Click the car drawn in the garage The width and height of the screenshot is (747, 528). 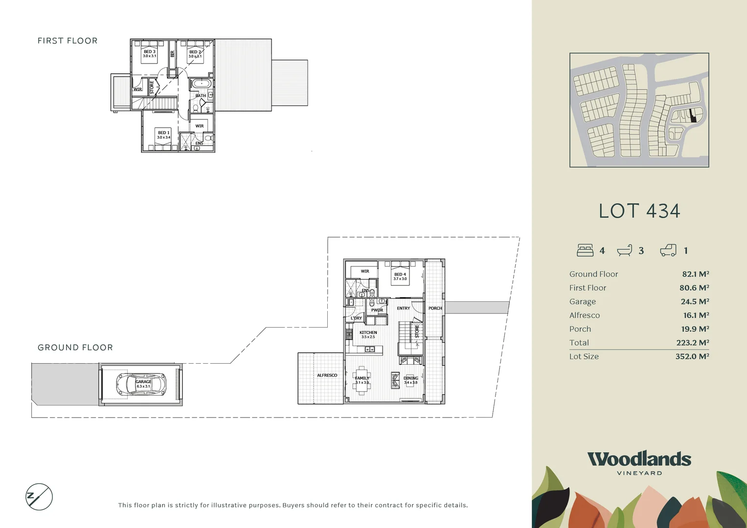pos(141,384)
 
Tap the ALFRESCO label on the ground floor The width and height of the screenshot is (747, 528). pos(327,375)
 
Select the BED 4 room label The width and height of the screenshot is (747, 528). pos(400,274)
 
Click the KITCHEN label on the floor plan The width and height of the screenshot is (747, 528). pos(368,332)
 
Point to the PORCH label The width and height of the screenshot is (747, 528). pos(435,308)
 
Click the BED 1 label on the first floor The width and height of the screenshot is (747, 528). pos(163,132)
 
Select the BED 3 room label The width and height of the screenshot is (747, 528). pos(149,52)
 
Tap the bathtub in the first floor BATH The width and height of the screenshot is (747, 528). pos(201,83)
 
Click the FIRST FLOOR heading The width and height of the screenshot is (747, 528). pos(68,41)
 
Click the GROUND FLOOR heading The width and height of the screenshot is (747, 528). pos(75,348)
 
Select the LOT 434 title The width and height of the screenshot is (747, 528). pos(639,211)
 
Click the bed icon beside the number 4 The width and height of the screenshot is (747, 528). pos(585,250)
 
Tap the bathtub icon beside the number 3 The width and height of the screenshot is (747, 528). pos(625,250)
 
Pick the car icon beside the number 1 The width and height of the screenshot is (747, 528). pos(668,250)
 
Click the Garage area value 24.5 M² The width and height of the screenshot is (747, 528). pos(695,302)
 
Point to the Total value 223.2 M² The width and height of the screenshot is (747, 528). pos(692,343)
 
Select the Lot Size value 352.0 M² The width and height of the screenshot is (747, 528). pos(692,356)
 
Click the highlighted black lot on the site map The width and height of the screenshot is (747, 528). pos(692,116)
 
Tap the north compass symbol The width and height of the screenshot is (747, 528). pos(39,497)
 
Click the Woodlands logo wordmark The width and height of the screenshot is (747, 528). pos(639,459)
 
